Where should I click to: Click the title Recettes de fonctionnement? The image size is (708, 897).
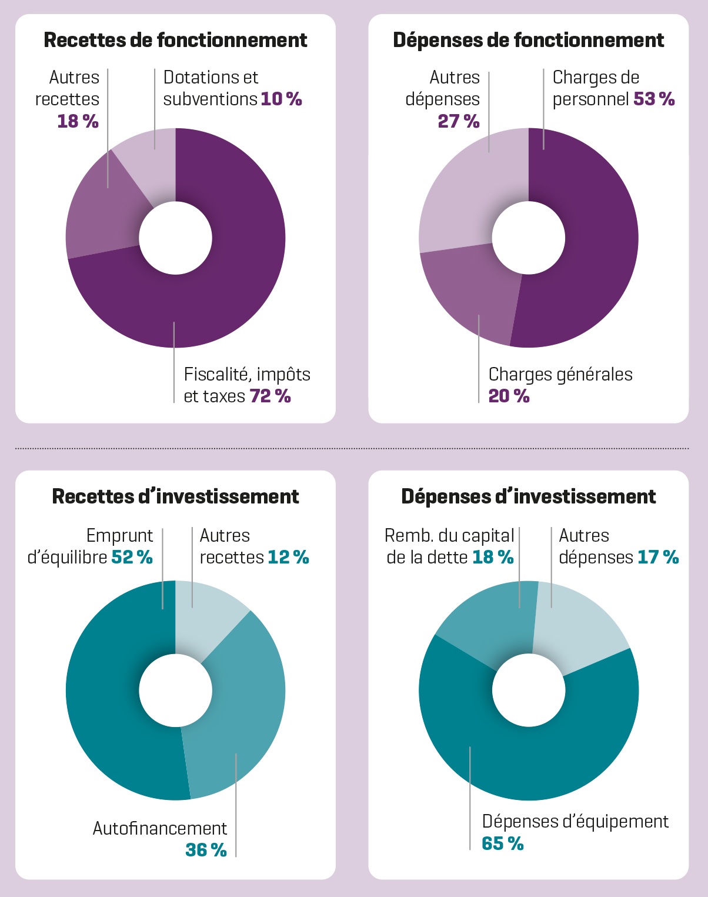pos(175,40)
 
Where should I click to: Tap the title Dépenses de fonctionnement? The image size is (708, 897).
pos(528,40)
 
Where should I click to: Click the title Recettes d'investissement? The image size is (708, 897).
pos(175,496)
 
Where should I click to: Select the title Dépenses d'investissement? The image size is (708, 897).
pos(528,496)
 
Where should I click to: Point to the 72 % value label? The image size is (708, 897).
pos(270,396)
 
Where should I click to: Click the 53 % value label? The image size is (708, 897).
pos(654,99)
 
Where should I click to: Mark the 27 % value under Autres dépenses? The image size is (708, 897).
pos(459,121)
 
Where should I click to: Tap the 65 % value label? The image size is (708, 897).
pos(502,843)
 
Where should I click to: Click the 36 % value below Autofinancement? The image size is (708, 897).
pos(206,850)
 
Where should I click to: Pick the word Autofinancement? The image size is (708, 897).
pos(159,828)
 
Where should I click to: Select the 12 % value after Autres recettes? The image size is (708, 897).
pos(288,557)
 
